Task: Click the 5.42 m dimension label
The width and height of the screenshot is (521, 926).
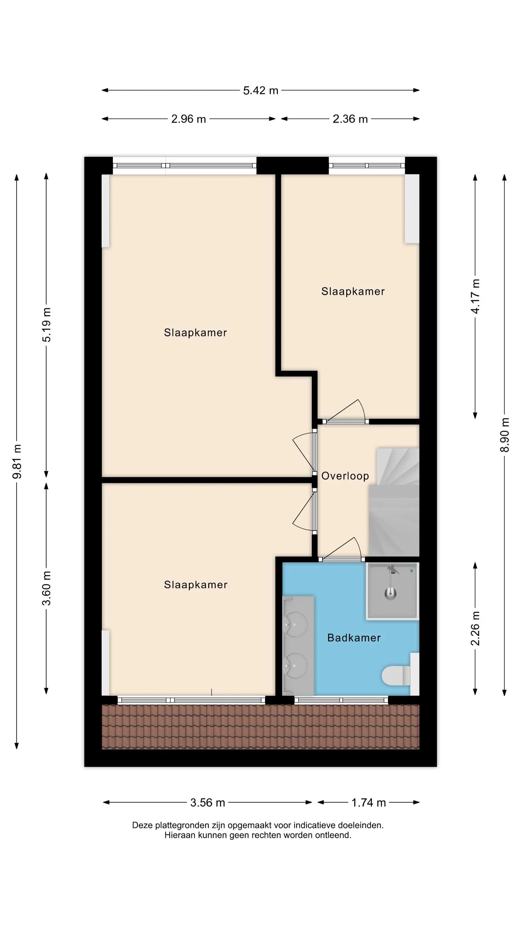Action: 261,90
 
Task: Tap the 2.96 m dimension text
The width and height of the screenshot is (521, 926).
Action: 188,119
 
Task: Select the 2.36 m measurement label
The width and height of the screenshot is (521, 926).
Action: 350,119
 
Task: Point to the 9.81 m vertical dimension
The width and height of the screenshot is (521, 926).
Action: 17,461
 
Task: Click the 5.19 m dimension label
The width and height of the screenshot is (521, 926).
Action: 46,325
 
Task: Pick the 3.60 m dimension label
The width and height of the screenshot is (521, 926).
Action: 46,588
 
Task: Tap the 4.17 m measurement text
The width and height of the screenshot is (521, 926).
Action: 475,296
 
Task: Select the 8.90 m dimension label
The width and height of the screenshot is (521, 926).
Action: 505,435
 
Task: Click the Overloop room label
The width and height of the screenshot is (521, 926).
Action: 345,476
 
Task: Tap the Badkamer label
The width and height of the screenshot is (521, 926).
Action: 354,638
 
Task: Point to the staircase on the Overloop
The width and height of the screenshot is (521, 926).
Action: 394,502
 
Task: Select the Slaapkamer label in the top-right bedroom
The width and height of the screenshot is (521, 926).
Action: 353,291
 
